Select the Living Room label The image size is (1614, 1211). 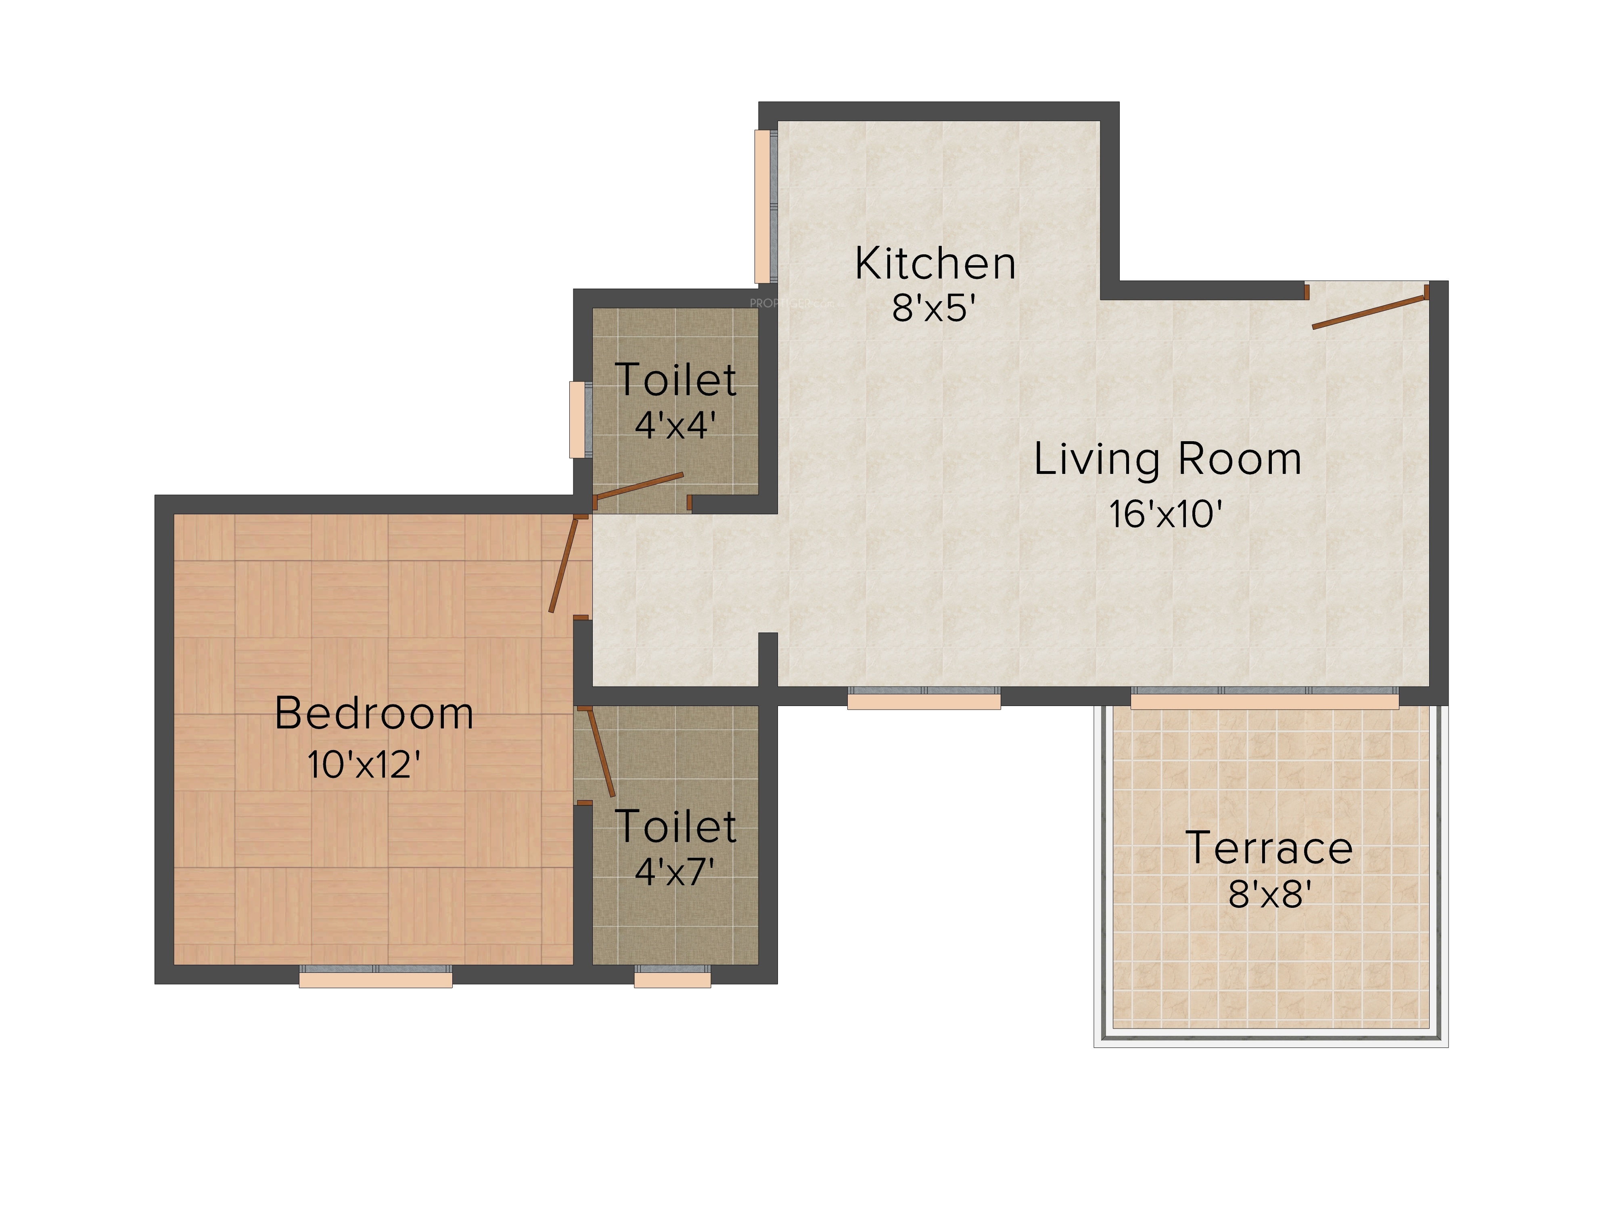pyautogui.click(x=1167, y=460)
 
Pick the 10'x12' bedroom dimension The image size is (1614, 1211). pyautogui.click(x=364, y=764)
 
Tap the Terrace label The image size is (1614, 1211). pyautogui.click(x=1269, y=848)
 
